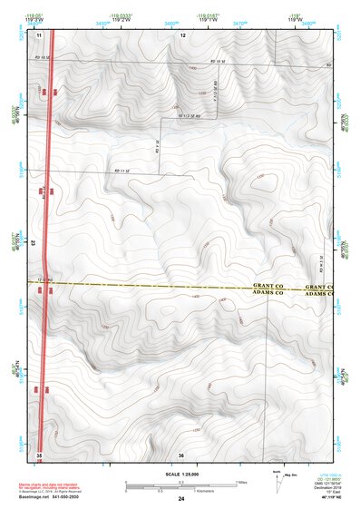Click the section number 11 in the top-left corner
pyautogui.click(x=40, y=34)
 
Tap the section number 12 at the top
pyautogui.click(x=181, y=34)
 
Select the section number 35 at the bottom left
pyautogui.click(x=39, y=454)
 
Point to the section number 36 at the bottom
pyautogui.click(x=181, y=454)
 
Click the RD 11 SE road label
pyautogui.click(x=123, y=170)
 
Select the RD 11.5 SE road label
pyautogui.click(x=189, y=115)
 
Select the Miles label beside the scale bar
pyautogui.click(x=240, y=482)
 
